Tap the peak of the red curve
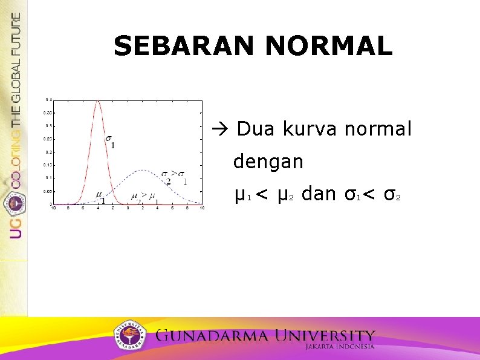(98, 101)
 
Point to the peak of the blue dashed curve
(142, 170)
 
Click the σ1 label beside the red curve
(109, 142)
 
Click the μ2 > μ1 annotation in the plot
(144, 196)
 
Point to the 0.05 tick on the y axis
(46, 191)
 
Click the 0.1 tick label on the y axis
(47, 178)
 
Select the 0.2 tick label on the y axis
(47, 152)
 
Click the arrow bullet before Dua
(218, 129)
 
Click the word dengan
(268, 162)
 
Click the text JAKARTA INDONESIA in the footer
(339, 347)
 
